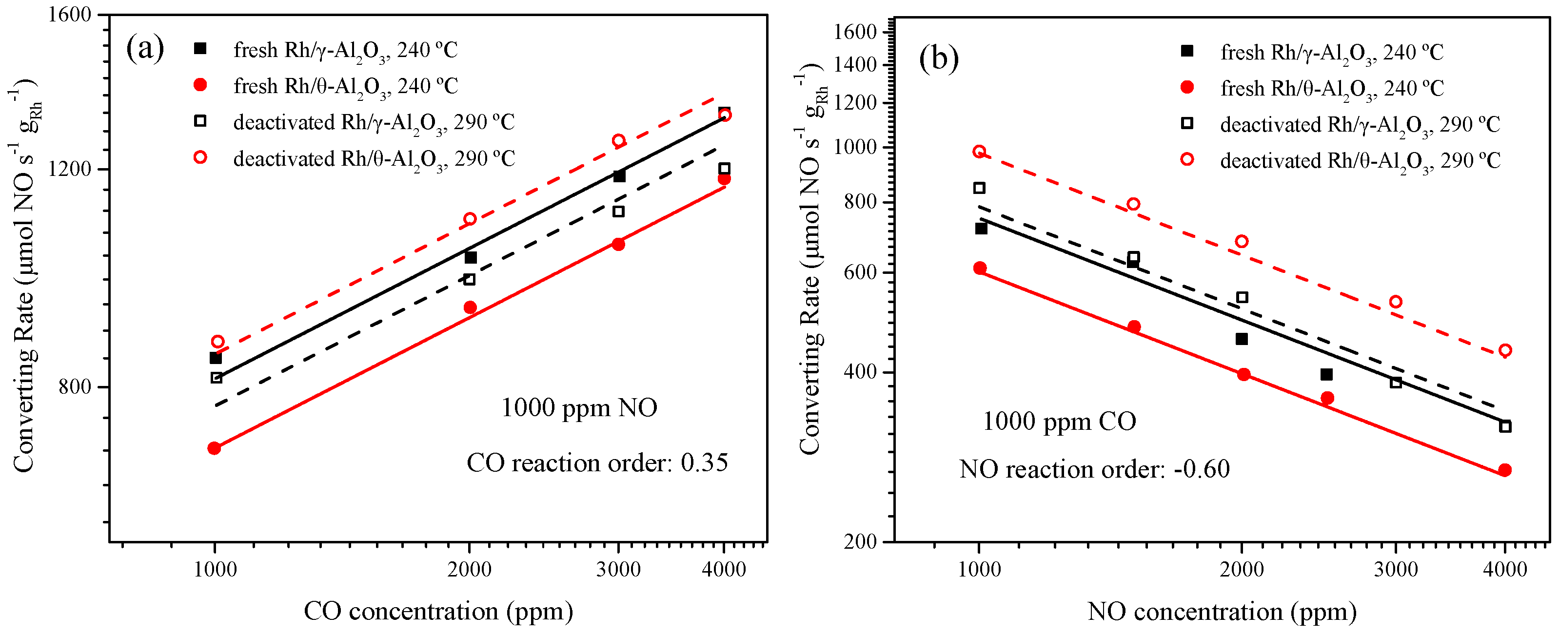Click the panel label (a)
[x=145, y=48]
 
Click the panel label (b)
[x=938, y=58]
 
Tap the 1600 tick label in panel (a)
[x=70, y=14]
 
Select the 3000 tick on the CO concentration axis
[x=618, y=569]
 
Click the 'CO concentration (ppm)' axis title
[x=438, y=611]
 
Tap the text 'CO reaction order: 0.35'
[x=597, y=463]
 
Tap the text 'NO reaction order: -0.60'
[x=1094, y=469]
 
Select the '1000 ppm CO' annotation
[x=1059, y=421]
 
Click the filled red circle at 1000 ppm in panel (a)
[x=214, y=448]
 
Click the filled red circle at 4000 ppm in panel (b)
[x=1505, y=470]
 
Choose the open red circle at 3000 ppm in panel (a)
[x=618, y=140]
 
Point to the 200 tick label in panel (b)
[x=861, y=541]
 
